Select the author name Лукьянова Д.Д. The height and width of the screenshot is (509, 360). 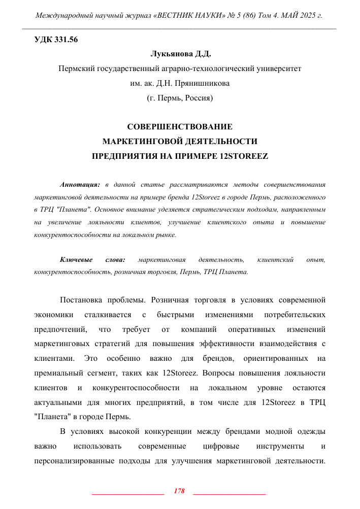(180, 54)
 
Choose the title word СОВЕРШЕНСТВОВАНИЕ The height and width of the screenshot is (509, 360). (180, 126)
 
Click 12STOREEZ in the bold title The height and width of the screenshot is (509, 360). (241, 156)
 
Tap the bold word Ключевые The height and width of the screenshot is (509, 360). (75, 260)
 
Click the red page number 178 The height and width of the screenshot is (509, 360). (179, 491)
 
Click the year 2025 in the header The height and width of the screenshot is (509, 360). (306, 16)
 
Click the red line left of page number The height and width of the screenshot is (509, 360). (128, 493)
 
